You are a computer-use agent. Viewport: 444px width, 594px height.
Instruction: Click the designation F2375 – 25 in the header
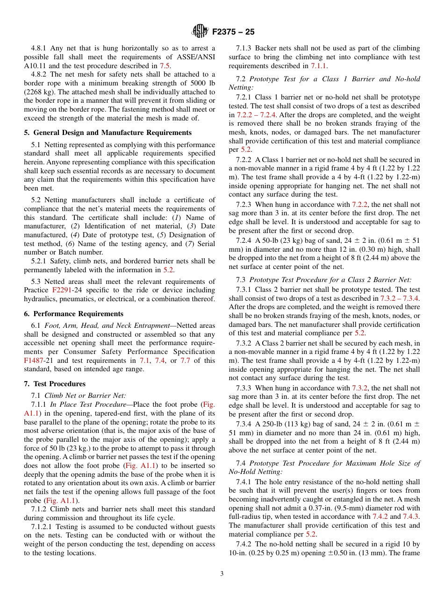[233, 32]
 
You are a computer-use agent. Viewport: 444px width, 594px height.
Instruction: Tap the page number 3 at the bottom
[222, 573]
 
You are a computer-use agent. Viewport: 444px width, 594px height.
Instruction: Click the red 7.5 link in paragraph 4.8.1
[165, 66]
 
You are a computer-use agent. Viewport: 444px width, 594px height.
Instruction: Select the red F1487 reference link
[34, 361]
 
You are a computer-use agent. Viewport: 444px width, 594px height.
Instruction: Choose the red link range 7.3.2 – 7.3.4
[400, 298]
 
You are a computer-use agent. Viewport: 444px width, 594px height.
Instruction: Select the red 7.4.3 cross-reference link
[412, 516]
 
